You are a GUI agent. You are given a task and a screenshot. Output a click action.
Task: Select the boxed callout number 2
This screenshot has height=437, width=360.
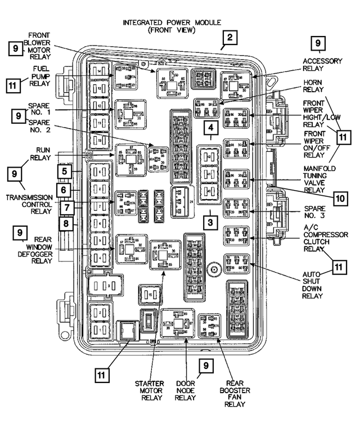coord(229,38)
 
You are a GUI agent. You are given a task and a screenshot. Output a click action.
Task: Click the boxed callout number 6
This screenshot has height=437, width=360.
coord(65,190)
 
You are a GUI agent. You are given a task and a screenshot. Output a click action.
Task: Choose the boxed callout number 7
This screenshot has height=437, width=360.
coord(65,208)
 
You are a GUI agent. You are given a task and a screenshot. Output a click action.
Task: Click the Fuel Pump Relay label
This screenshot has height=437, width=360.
coord(39,76)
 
